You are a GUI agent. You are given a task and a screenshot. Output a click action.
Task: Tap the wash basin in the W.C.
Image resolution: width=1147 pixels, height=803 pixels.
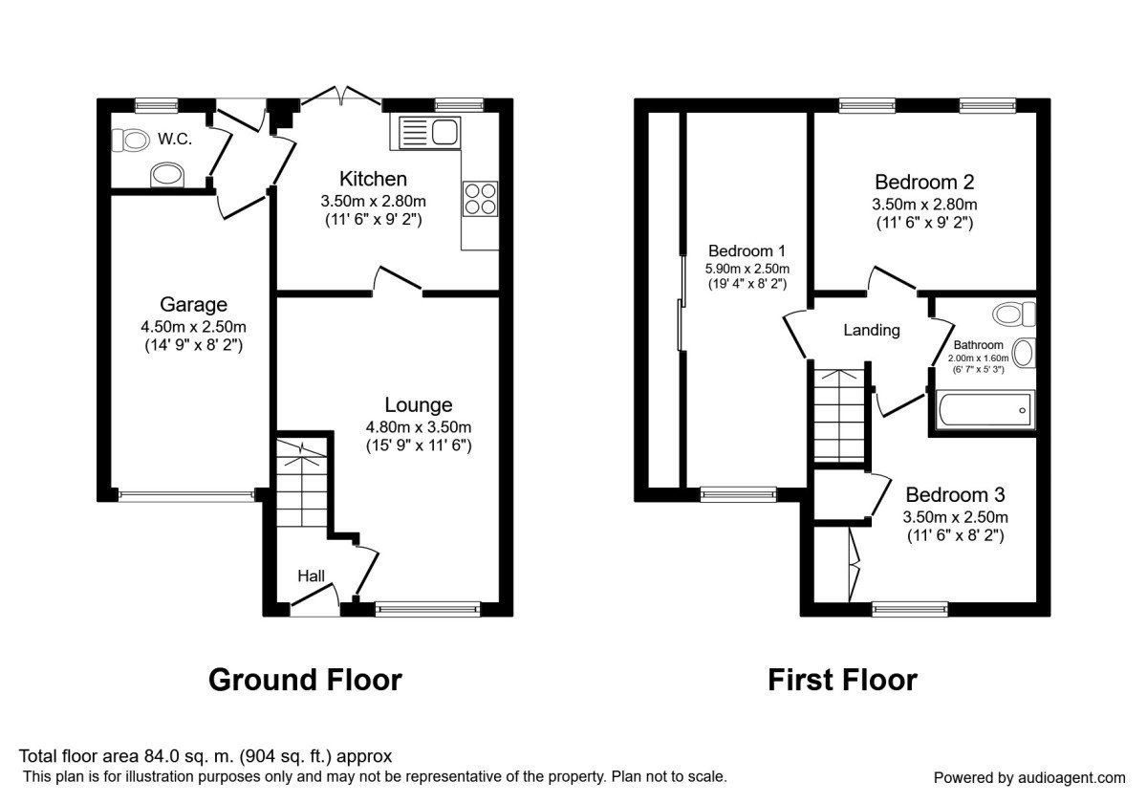click(x=167, y=175)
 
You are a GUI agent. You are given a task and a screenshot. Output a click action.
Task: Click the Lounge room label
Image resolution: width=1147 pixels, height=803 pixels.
click(x=419, y=405)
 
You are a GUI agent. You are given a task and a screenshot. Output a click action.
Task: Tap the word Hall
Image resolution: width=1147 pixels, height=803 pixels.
click(x=311, y=575)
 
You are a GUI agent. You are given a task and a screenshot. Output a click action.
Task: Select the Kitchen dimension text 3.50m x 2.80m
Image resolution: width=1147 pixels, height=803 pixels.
click(x=373, y=201)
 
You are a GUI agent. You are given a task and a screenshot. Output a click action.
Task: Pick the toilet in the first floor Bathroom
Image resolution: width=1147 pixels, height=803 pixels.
click(x=1014, y=313)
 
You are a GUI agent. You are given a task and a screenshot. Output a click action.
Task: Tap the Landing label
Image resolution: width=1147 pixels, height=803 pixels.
click(x=871, y=331)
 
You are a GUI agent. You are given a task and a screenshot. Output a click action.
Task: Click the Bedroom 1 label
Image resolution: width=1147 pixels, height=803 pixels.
click(x=747, y=251)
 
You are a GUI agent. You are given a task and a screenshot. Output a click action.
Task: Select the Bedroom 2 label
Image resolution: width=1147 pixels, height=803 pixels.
click(x=924, y=182)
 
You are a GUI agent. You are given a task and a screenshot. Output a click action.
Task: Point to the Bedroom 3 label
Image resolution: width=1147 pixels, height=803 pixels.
click(x=955, y=495)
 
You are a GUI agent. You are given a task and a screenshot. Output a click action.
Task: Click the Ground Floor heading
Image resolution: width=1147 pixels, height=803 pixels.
click(x=305, y=680)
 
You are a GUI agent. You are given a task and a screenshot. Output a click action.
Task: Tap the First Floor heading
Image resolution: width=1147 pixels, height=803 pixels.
click(x=842, y=680)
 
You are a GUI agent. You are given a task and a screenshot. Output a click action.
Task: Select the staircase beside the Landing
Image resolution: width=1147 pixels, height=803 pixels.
click(x=838, y=413)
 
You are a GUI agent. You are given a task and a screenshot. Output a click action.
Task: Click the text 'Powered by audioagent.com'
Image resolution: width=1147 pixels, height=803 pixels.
click(x=1028, y=777)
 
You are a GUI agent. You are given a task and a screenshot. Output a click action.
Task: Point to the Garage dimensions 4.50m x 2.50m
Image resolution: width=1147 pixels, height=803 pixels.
click(x=193, y=327)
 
